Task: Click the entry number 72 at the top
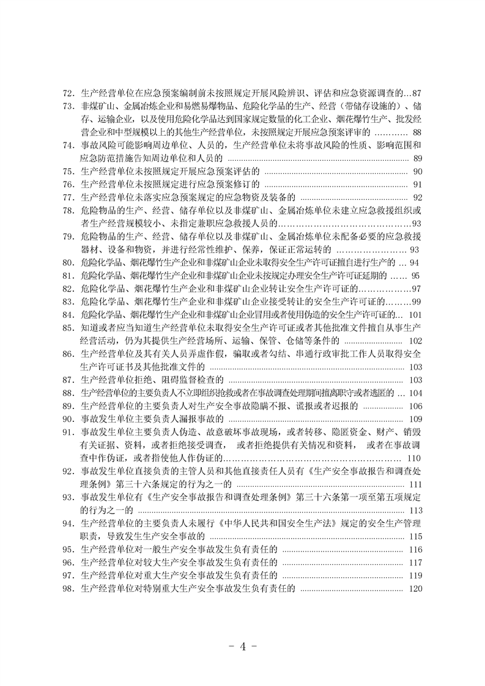click(68, 94)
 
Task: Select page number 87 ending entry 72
click(417, 94)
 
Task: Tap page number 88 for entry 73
click(417, 133)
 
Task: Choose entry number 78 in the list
click(68, 210)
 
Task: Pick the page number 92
click(418, 197)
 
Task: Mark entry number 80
click(68, 263)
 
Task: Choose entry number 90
click(68, 419)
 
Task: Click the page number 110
click(415, 458)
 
